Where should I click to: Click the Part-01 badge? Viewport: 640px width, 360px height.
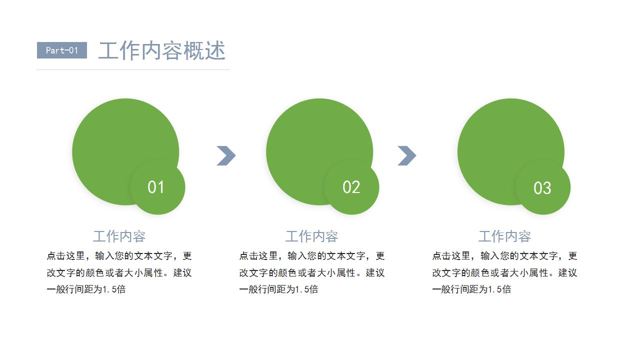[x=62, y=50]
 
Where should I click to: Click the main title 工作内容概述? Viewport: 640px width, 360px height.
[x=162, y=50]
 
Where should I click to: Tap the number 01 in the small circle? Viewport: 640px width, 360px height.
[x=155, y=187]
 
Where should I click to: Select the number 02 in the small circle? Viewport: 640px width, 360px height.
[x=351, y=187]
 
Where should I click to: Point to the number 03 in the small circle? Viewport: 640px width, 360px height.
[x=542, y=188]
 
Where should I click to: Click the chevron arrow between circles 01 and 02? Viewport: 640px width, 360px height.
[x=226, y=155]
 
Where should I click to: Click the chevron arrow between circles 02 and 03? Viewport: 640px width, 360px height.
[x=407, y=155]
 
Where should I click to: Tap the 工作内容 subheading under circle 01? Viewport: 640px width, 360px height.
[x=119, y=236]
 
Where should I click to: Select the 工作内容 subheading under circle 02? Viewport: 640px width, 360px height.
[x=311, y=236]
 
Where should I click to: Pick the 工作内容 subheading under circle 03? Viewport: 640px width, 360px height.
[x=504, y=236]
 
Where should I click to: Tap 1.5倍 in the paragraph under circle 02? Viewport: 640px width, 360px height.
[x=306, y=289]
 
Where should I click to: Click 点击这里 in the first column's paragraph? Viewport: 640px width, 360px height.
[x=65, y=255]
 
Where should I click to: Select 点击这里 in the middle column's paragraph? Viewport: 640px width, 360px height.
[x=258, y=255]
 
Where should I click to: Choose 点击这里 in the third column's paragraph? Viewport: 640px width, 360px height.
[x=451, y=255]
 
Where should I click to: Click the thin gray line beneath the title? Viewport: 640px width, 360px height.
[x=133, y=69]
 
